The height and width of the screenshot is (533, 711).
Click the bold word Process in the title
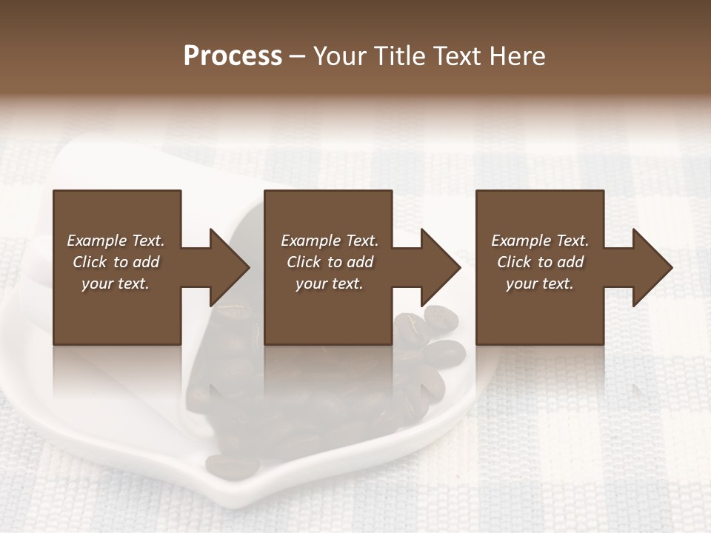tap(233, 56)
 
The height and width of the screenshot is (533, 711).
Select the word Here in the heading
tap(516, 56)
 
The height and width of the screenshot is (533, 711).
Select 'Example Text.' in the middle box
tap(329, 241)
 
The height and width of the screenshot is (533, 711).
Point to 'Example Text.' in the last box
tap(540, 241)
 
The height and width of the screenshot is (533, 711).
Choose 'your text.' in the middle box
tap(329, 284)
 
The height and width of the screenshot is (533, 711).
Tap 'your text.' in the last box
tap(540, 284)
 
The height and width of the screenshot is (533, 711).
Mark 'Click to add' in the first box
tap(116, 262)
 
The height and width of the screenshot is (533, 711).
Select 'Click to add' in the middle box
tap(330, 262)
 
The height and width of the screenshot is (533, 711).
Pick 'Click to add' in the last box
tap(541, 262)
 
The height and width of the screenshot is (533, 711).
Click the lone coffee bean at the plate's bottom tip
tap(232, 466)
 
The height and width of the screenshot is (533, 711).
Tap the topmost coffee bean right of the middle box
tap(441, 318)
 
